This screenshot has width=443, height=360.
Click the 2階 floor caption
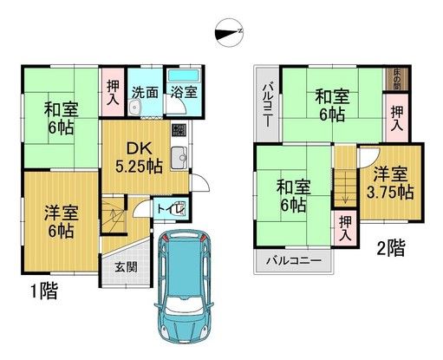coord(389,249)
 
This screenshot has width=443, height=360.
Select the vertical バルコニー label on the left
coord(270,105)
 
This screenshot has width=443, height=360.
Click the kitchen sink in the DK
coord(179,158)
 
